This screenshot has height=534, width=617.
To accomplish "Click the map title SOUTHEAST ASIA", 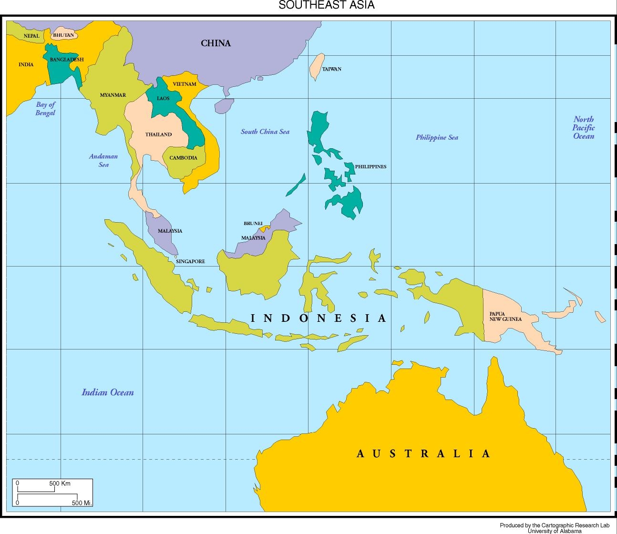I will pos(327,5).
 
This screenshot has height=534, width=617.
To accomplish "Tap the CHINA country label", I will pos(216,43).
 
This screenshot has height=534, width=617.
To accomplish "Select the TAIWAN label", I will pos(331,69).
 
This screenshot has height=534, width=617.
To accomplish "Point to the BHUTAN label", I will pos(63,35).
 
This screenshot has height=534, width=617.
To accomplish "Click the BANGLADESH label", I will pos(66,60).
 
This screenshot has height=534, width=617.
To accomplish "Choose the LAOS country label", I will pos(163,99).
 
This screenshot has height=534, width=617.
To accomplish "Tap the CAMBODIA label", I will pos(183,158).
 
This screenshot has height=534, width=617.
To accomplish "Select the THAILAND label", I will pos(158,134).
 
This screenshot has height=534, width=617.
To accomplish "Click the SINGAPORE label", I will pos(190,261).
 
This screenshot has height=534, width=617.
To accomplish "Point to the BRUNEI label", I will pos(253,223).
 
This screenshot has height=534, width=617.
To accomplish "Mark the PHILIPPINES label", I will pos(370,167).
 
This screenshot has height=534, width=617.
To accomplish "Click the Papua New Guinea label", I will pos(505,317).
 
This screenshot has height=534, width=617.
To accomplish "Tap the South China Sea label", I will pos(265,132).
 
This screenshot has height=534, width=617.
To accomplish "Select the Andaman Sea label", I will pos(103,160).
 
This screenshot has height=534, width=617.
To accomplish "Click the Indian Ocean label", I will pos(108,392).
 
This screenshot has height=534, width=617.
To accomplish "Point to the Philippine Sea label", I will pos(437,137).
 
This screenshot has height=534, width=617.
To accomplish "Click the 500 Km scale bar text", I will pos(60,483).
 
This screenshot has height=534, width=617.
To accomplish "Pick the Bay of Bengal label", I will pos(45,109).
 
